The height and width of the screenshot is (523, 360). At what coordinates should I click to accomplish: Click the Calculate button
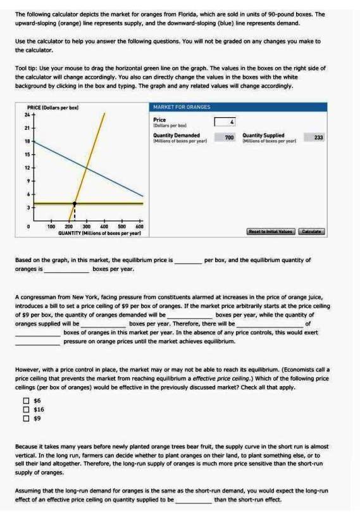point(311,232)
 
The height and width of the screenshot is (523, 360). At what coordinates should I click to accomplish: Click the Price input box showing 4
point(228,121)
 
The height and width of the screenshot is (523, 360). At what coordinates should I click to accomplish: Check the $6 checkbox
point(26,401)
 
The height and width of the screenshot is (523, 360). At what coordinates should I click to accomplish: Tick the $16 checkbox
point(26,410)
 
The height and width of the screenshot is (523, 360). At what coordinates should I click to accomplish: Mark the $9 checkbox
point(26,419)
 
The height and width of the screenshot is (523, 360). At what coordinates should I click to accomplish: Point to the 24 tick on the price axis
point(27,115)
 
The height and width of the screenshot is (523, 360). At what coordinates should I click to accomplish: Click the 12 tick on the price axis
point(27,168)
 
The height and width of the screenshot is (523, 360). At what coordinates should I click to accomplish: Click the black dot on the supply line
point(75,204)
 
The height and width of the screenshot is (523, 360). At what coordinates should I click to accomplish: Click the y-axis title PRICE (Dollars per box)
point(53,108)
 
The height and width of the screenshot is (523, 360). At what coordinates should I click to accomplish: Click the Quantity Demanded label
point(177,135)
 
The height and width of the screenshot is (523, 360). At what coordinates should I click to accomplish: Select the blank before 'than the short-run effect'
point(194,500)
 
